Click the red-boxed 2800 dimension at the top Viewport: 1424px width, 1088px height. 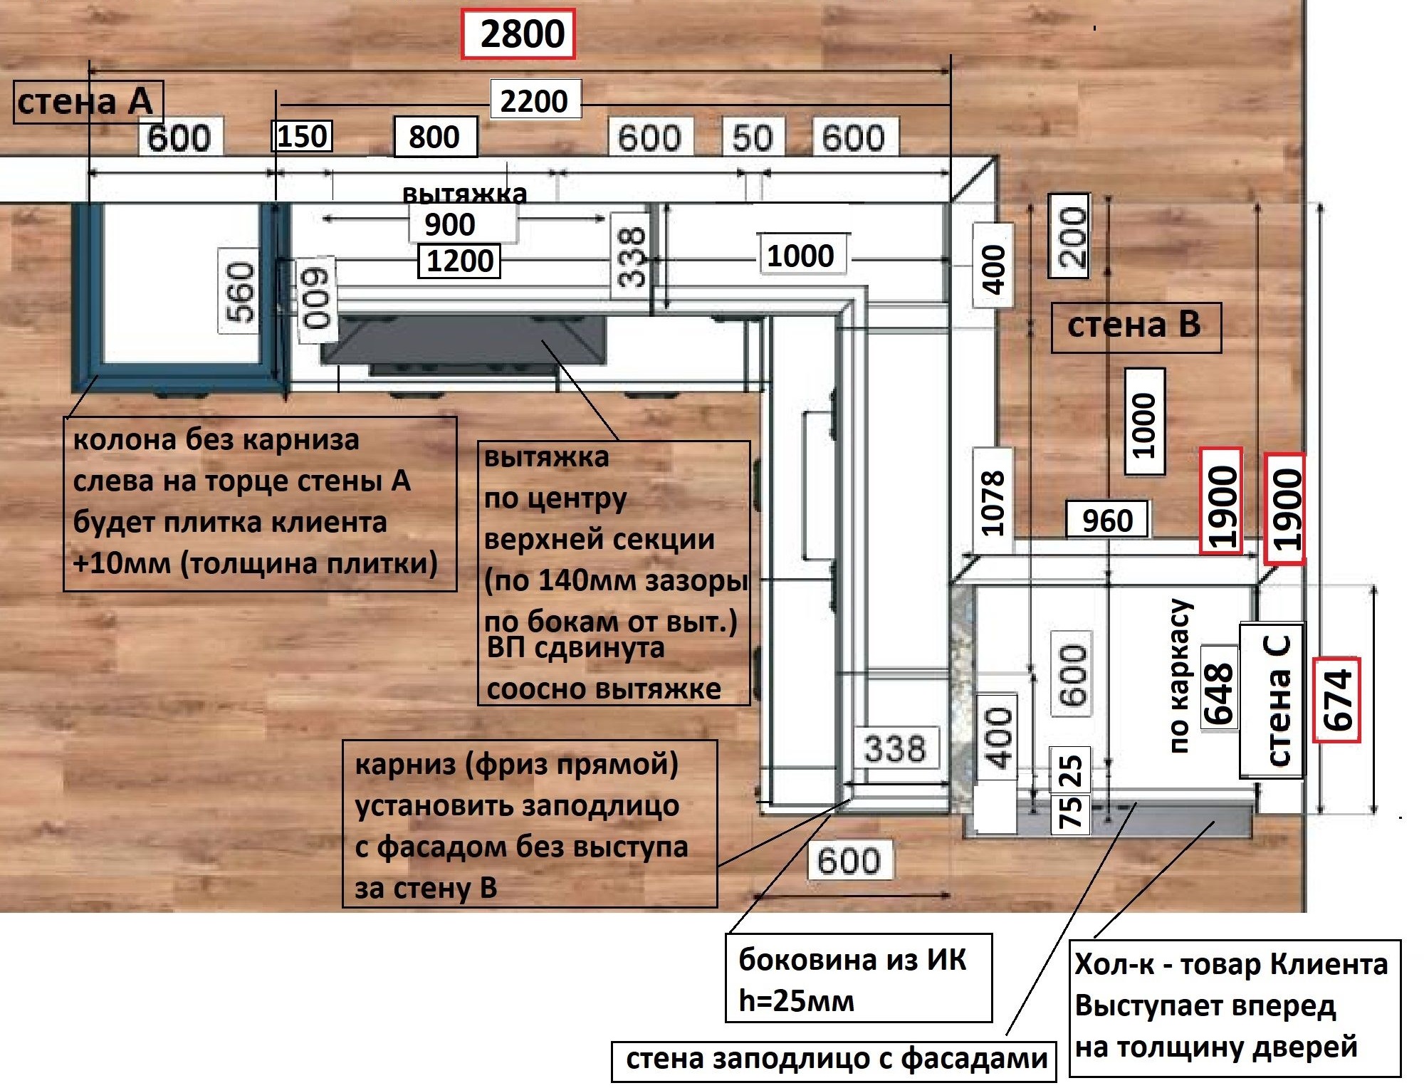pos(518,34)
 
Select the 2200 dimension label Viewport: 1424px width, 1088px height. pos(534,101)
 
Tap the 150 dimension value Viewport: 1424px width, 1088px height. pos(303,136)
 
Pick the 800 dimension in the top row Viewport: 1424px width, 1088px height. pos(435,137)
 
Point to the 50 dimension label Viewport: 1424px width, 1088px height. pos(752,137)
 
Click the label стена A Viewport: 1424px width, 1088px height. pos(87,102)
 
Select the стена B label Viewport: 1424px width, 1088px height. pos(1135,327)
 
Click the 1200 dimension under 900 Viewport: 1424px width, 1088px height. pos(460,261)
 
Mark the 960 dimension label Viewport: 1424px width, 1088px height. pos(1107,521)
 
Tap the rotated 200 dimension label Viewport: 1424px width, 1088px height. pos(1069,236)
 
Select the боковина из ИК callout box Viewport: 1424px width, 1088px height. pos(858,978)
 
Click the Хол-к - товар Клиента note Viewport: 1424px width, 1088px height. pos(1234,1007)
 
